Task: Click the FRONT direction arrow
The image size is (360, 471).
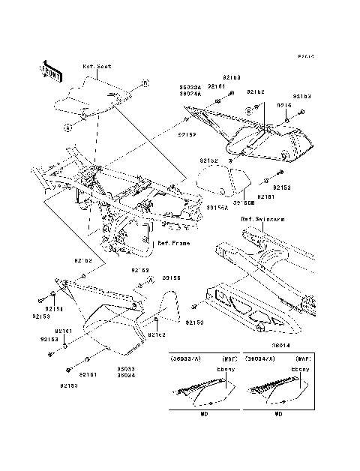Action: tap(51, 69)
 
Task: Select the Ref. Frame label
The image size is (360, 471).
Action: tap(173, 243)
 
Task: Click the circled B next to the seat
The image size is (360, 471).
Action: tap(145, 82)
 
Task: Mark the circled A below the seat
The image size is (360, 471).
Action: tap(67, 127)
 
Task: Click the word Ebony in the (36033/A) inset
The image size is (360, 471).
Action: tap(225, 369)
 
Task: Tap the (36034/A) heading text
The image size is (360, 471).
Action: tap(261, 359)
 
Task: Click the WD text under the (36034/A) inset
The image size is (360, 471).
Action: tap(278, 413)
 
